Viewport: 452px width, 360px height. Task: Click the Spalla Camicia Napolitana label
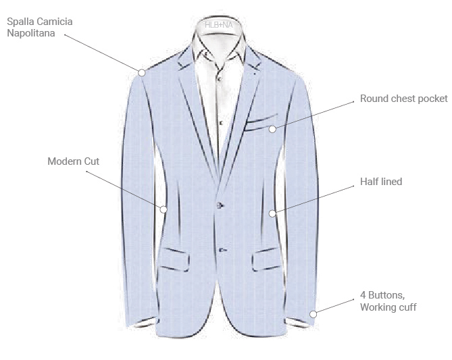pyautogui.click(x=40, y=27)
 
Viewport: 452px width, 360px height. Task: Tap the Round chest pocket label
pyautogui.click(x=403, y=99)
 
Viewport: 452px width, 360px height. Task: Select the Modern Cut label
pyautogui.click(x=73, y=161)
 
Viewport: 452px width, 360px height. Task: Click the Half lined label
pyautogui.click(x=381, y=182)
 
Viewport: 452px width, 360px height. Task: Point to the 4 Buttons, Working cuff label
pyautogui.click(x=388, y=301)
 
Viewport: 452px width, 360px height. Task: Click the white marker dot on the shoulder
pyautogui.click(x=142, y=72)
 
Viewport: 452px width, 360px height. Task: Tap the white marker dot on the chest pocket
pyautogui.click(x=272, y=129)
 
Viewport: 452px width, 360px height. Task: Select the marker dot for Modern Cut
pyautogui.click(x=163, y=209)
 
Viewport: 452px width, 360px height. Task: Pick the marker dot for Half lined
pyautogui.click(x=272, y=213)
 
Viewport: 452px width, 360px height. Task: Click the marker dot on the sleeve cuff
pyautogui.click(x=313, y=314)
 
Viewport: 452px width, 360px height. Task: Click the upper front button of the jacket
pyautogui.click(x=220, y=205)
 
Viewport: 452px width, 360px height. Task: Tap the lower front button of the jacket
pyautogui.click(x=221, y=249)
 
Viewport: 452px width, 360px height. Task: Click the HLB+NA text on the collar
pyautogui.click(x=220, y=25)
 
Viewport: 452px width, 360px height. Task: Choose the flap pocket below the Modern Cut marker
pyautogui.click(x=174, y=259)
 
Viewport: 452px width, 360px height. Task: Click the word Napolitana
pyautogui.click(x=35, y=32)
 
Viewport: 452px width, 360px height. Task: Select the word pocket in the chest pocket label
pyautogui.click(x=432, y=99)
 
